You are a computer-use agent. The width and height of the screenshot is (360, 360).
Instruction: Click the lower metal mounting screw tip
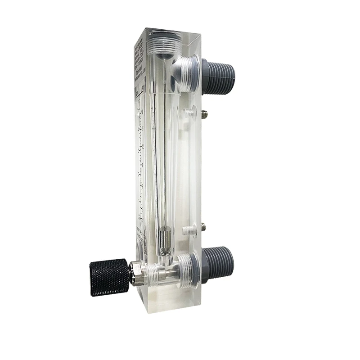(203, 225)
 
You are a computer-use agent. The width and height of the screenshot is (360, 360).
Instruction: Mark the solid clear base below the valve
(166, 301)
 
